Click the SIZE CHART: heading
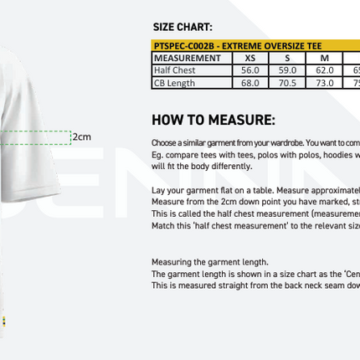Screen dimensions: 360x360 [183, 28]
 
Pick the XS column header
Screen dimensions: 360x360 [250, 59]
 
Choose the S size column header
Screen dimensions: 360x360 [287, 59]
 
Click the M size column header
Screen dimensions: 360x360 [324, 59]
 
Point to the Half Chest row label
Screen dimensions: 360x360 [175, 70]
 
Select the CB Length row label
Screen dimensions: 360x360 [174, 83]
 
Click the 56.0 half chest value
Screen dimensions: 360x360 [250, 70]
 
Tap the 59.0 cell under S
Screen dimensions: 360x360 [287, 70]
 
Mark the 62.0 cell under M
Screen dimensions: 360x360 [324, 70]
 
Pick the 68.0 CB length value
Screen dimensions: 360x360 [250, 83]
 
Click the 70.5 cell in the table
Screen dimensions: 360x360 [287, 83]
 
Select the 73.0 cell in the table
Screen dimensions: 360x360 [324, 83]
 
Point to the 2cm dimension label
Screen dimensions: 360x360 [81, 136]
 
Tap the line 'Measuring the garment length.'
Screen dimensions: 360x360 [209, 262]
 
